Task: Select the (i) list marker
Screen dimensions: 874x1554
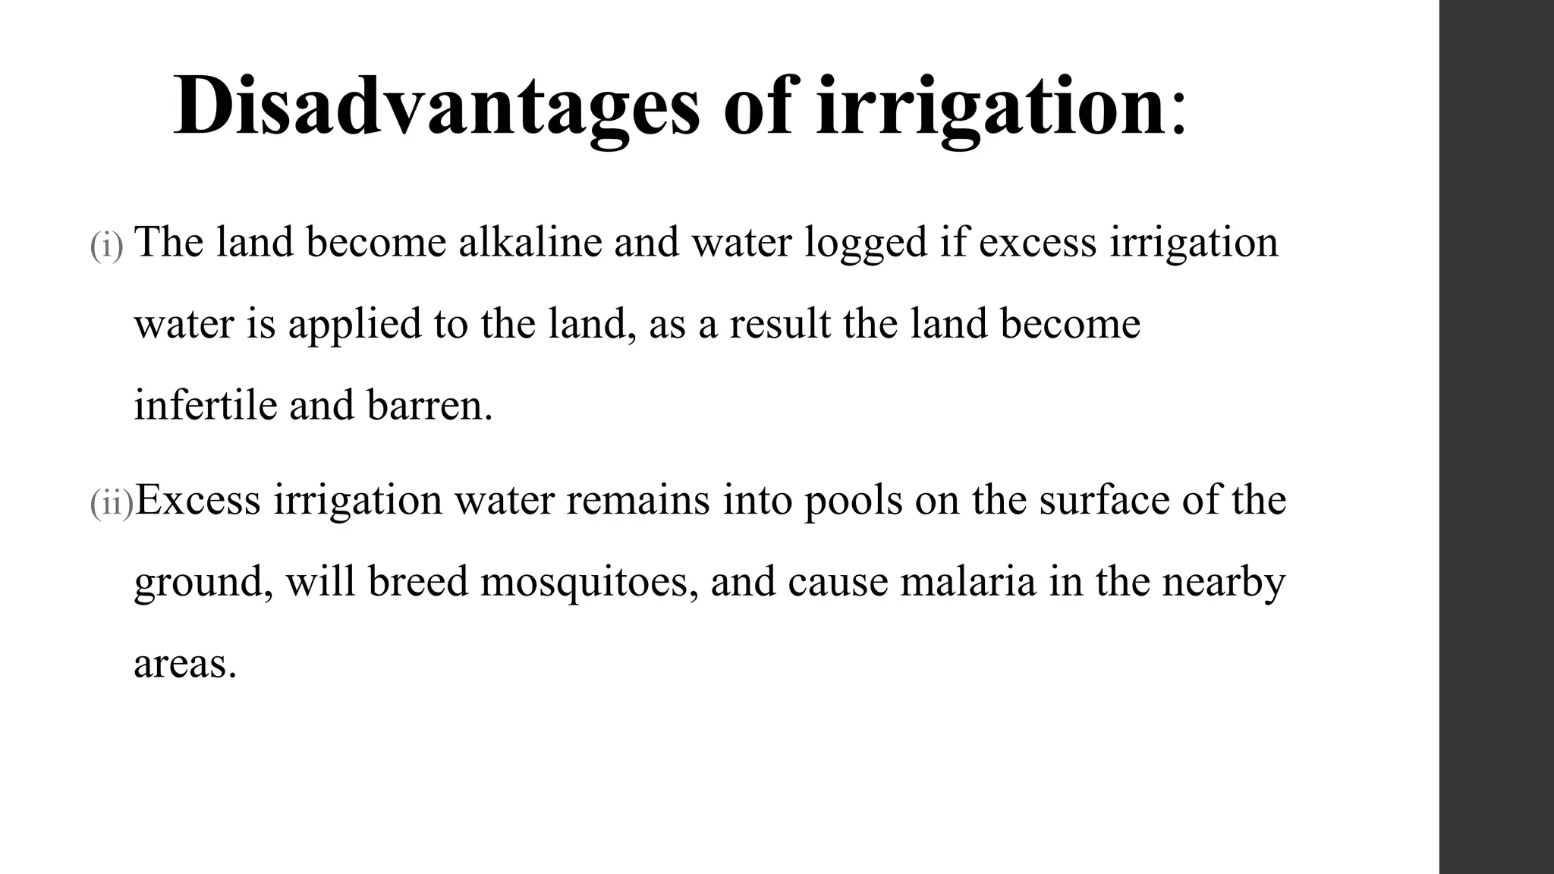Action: tap(106, 246)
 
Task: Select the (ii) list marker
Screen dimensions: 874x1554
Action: tap(112, 504)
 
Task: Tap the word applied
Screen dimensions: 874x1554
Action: tap(354, 325)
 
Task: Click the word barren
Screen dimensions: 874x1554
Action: tap(429, 406)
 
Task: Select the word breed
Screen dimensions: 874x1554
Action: tap(418, 582)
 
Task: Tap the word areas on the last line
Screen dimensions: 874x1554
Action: tap(185, 665)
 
